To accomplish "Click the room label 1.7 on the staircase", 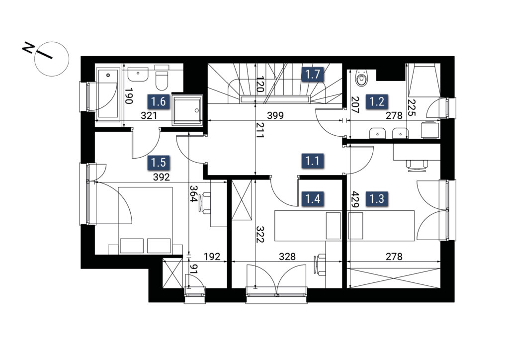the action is coord(313,75).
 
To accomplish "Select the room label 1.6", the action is coord(159,101).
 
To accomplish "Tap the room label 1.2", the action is coord(377,101).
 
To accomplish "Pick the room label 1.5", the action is coord(159,162).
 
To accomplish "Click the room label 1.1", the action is coord(313,161).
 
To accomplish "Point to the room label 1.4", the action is coord(313,199).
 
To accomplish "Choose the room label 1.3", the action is coord(377,199).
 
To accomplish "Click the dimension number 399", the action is coord(275,115).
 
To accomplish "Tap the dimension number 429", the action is coord(354,199).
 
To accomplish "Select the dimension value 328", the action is coord(288,257).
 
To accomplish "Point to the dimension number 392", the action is coord(162,177).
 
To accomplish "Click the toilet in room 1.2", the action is coord(361,78).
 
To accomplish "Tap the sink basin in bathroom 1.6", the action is coord(138,75).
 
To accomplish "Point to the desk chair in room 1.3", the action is coord(417,165).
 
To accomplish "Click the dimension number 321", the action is coord(149,115).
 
